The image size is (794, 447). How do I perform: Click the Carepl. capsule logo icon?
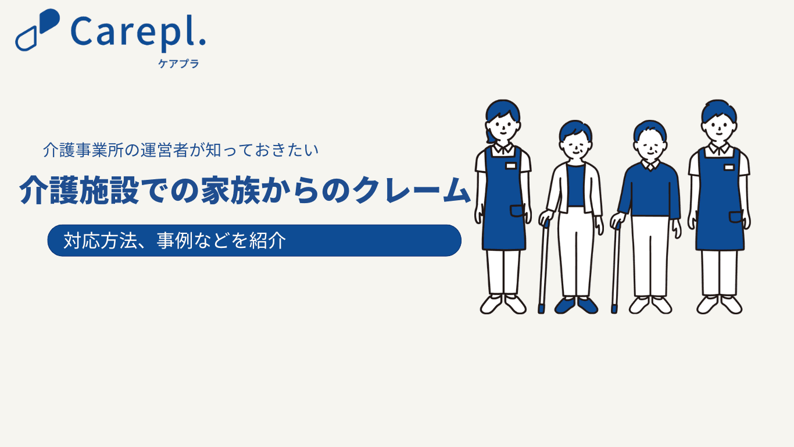[x=37, y=30]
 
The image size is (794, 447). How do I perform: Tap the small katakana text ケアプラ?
[x=178, y=64]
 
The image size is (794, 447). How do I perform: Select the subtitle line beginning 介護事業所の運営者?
[x=181, y=150]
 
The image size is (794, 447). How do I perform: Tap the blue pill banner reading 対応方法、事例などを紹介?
[x=254, y=240]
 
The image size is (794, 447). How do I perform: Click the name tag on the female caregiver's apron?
[x=510, y=166]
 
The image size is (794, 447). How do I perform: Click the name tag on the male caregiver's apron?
[x=729, y=167]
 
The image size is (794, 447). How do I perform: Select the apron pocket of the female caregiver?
[x=517, y=211]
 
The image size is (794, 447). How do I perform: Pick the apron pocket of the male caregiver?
[x=736, y=217]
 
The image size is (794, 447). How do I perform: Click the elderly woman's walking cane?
[x=543, y=267]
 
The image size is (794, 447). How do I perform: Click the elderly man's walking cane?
[x=616, y=268]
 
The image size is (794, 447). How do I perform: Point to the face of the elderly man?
[x=650, y=147]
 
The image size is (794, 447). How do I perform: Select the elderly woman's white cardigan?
[x=560, y=188]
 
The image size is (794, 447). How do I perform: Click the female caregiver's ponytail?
[x=490, y=137]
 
